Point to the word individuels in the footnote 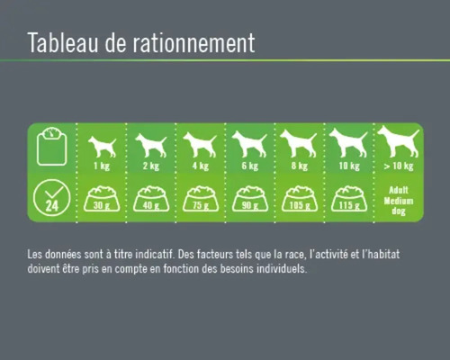tap(280, 268)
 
